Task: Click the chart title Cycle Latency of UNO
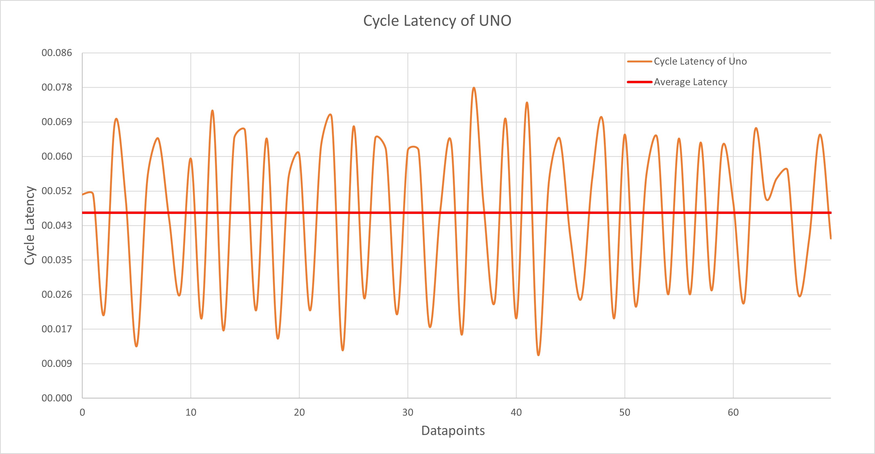tap(437, 21)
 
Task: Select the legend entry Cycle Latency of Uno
tap(700, 62)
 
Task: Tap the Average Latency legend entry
tap(690, 82)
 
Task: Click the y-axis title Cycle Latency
tap(30, 225)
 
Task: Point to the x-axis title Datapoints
tap(453, 431)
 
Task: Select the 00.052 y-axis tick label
tap(57, 191)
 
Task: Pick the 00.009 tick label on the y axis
tap(57, 364)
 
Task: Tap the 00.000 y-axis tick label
tap(57, 398)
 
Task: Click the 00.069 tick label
tap(57, 122)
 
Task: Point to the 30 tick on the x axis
tap(408, 413)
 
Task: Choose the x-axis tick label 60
tap(733, 413)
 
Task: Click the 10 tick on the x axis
tap(191, 413)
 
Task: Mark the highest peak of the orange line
tap(474, 88)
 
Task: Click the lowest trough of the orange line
tap(538, 355)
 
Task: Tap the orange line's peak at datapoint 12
tap(212, 110)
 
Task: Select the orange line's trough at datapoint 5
tap(136, 346)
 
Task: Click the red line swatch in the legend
tap(639, 82)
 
